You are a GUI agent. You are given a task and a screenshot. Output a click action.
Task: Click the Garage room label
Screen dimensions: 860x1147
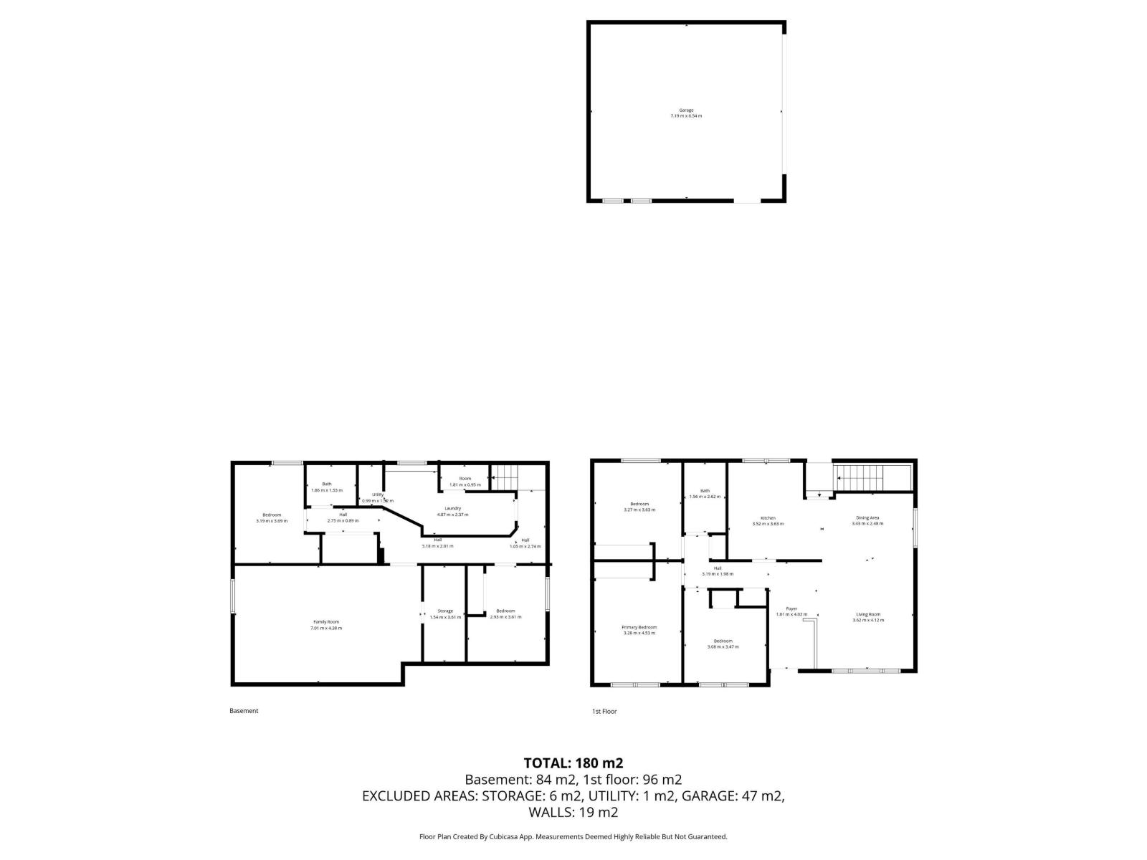[x=686, y=110]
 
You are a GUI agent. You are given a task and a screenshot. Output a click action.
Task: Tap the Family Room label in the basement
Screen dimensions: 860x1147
[x=326, y=621]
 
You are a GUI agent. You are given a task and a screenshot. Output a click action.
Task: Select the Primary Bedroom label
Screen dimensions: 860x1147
[x=639, y=627]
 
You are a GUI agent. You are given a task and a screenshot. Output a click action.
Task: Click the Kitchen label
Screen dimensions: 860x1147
[x=768, y=518]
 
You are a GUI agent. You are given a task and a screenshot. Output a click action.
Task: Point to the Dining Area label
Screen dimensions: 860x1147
[x=867, y=517]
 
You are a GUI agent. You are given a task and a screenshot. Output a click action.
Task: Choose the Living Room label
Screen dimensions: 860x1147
[x=867, y=614]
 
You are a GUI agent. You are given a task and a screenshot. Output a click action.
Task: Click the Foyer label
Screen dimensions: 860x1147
[x=791, y=608]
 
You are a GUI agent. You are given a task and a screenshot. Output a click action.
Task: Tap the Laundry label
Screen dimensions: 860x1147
[x=452, y=508]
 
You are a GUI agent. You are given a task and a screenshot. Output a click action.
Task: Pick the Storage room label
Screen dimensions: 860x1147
[x=445, y=611]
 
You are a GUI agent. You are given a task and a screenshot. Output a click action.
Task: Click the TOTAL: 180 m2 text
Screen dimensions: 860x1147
[x=568, y=763]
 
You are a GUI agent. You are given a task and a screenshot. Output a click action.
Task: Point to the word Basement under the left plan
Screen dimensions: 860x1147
[x=244, y=711]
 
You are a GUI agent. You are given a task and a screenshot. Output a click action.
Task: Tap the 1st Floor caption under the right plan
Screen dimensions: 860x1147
[x=604, y=712]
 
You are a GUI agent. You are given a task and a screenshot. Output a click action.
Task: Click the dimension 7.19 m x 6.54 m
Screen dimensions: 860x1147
[x=686, y=115]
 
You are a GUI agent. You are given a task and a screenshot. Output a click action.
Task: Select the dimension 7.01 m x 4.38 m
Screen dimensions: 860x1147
[x=326, y=628]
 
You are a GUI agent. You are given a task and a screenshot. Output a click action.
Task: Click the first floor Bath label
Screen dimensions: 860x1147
[x=705, y=491]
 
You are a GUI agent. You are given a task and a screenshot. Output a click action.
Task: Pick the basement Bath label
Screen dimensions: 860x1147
[x=327, y=484]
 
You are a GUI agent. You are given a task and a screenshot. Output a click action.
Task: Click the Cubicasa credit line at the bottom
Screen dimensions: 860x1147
[x=573, y=836]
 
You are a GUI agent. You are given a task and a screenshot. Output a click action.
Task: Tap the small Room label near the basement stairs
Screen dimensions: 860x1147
[x=465, y=478]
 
